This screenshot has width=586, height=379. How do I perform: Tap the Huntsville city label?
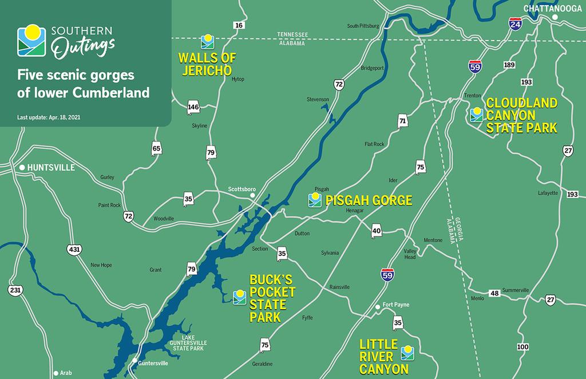coord(52,167)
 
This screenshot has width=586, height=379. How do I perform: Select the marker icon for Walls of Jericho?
coord(207,41)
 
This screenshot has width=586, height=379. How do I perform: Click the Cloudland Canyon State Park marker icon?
coord(476,115)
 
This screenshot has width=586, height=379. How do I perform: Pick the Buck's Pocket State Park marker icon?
coord(239,297)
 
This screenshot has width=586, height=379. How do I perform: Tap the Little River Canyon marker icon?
coord(407,352)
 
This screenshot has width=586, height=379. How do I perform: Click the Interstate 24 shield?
coord(515,25)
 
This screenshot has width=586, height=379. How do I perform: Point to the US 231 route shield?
coord(15,291)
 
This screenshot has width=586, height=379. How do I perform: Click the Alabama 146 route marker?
coord(193,107)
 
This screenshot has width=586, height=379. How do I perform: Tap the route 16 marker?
coord(239,25)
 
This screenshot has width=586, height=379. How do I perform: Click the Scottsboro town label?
coord(241,189)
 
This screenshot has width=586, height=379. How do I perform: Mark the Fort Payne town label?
coord(396,305)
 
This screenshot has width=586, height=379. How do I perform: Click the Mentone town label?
coord(433,240)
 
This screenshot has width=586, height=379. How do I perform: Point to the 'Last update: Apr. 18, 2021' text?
coord(50,117)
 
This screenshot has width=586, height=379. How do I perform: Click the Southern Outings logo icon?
coord(33,41)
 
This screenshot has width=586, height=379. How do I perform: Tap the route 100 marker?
coord(522,347)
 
